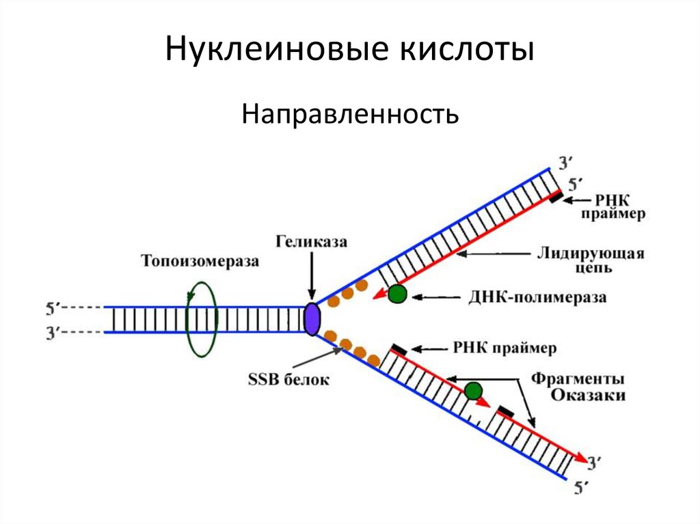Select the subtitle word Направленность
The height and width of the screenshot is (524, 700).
point(349,113)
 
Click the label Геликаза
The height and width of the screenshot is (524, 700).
point(312,242)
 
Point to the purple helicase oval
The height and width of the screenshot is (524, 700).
point(312,319)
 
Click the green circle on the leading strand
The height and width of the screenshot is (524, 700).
point(397,294)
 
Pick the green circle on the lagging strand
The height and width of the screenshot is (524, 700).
point(472,391)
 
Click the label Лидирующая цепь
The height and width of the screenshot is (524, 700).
point(589,260)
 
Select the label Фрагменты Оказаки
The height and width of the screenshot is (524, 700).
point(589,387)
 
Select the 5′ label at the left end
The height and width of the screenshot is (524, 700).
point(53,309)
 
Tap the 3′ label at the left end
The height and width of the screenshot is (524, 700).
point(53,333)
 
